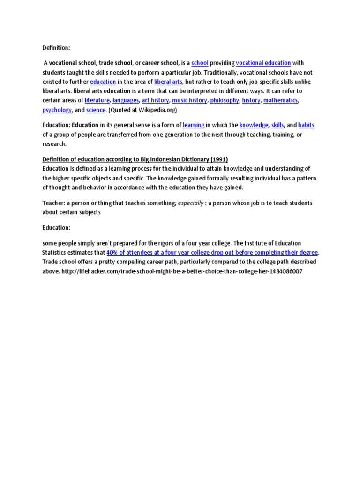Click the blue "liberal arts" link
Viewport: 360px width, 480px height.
(x=168, y=82)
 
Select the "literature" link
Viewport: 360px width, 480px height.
(x=97, y=100)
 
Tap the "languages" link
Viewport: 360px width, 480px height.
(x=126, y=100)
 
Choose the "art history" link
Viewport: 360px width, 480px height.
(x=155, y=100)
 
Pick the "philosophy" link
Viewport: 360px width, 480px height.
(x=225, y=100)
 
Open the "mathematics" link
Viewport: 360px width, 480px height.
(x=280, y=100)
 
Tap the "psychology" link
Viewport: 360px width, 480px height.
(x=57, y=110)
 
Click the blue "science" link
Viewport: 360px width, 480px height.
(x=96, y=110)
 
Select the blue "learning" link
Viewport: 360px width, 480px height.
(x=194, y=125)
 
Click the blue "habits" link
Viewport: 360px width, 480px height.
(x=306, y=125)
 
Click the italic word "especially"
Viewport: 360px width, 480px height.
(x=190, y=203)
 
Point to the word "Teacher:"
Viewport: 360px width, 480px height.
(x=53, y=203)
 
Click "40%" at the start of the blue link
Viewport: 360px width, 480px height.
(x=113, y=252)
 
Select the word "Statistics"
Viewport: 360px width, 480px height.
(x=56, y=252)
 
